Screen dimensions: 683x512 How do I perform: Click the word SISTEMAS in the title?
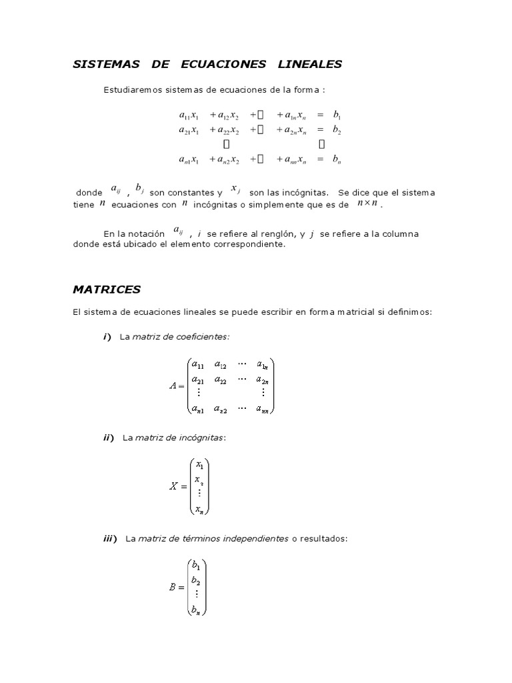click(x=106, y=64)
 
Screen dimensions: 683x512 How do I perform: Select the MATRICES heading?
click(x=107, y=289)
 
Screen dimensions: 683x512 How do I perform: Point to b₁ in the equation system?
click(x=337, y=115)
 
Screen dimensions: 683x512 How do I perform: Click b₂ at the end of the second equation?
click(x=337, y=130)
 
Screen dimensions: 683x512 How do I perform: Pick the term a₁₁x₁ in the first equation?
click(x=189, y=115)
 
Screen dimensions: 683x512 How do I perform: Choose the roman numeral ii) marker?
click(x=109, y=438)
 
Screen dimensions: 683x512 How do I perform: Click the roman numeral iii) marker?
click(x=110, y=538)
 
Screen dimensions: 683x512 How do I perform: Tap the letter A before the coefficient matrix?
click(x=175, y=386)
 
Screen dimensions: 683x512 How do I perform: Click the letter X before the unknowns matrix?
click(x=174, y=486)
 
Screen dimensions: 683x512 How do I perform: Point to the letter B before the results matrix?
click(x=174, y=588)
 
